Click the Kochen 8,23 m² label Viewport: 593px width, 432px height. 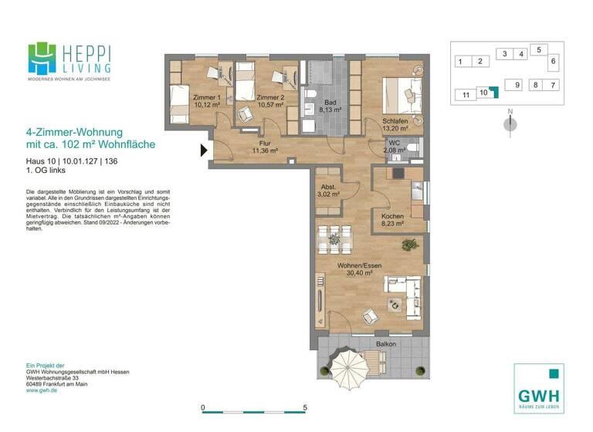pos(393,221)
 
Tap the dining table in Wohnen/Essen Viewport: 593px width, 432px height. pos(334,238)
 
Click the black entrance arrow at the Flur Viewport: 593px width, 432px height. pos(205,150)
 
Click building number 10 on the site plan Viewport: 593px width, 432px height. pos(483,93)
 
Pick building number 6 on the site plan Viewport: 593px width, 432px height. pos(553,60)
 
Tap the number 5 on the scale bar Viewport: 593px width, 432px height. pos(306,407)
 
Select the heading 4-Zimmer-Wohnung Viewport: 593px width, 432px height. pos(74,132)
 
